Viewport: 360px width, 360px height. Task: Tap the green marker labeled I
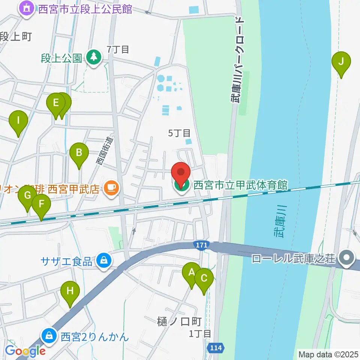tap(18, 121)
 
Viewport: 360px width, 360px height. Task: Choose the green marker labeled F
tap(41, 205)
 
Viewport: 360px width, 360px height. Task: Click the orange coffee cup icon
tap(111, 186)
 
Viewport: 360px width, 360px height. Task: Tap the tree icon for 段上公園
tap(93, 57)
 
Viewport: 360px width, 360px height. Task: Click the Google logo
tap(25, 351)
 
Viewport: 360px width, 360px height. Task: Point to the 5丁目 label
tap(179, 133)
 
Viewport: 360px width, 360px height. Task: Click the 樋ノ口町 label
tap(179, 321)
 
